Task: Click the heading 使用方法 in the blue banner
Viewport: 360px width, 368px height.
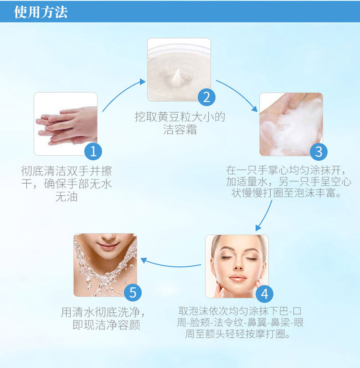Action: tap(41, 12)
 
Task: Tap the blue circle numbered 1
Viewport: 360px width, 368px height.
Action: tap(93, 152)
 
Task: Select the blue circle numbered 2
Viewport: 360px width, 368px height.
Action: tap(207, 97)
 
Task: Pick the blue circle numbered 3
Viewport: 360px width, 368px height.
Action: tap(319, 152)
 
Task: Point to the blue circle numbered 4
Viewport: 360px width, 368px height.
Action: tap(264, 294)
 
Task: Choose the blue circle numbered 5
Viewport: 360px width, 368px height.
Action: tap(132, 292)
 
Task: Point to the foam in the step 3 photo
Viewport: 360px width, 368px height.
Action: tap(291, 127)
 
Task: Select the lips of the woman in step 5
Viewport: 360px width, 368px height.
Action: tap(108, 246)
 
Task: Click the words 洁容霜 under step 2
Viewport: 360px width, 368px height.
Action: tap(180, 130)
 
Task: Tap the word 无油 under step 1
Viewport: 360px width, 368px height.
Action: tap(66, 196)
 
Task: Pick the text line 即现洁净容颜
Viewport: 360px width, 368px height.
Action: tap(107, 325)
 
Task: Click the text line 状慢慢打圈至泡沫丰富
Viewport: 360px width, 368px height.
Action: tap(286, 193)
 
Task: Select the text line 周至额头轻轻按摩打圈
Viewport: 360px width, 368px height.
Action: tap(238, 334)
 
